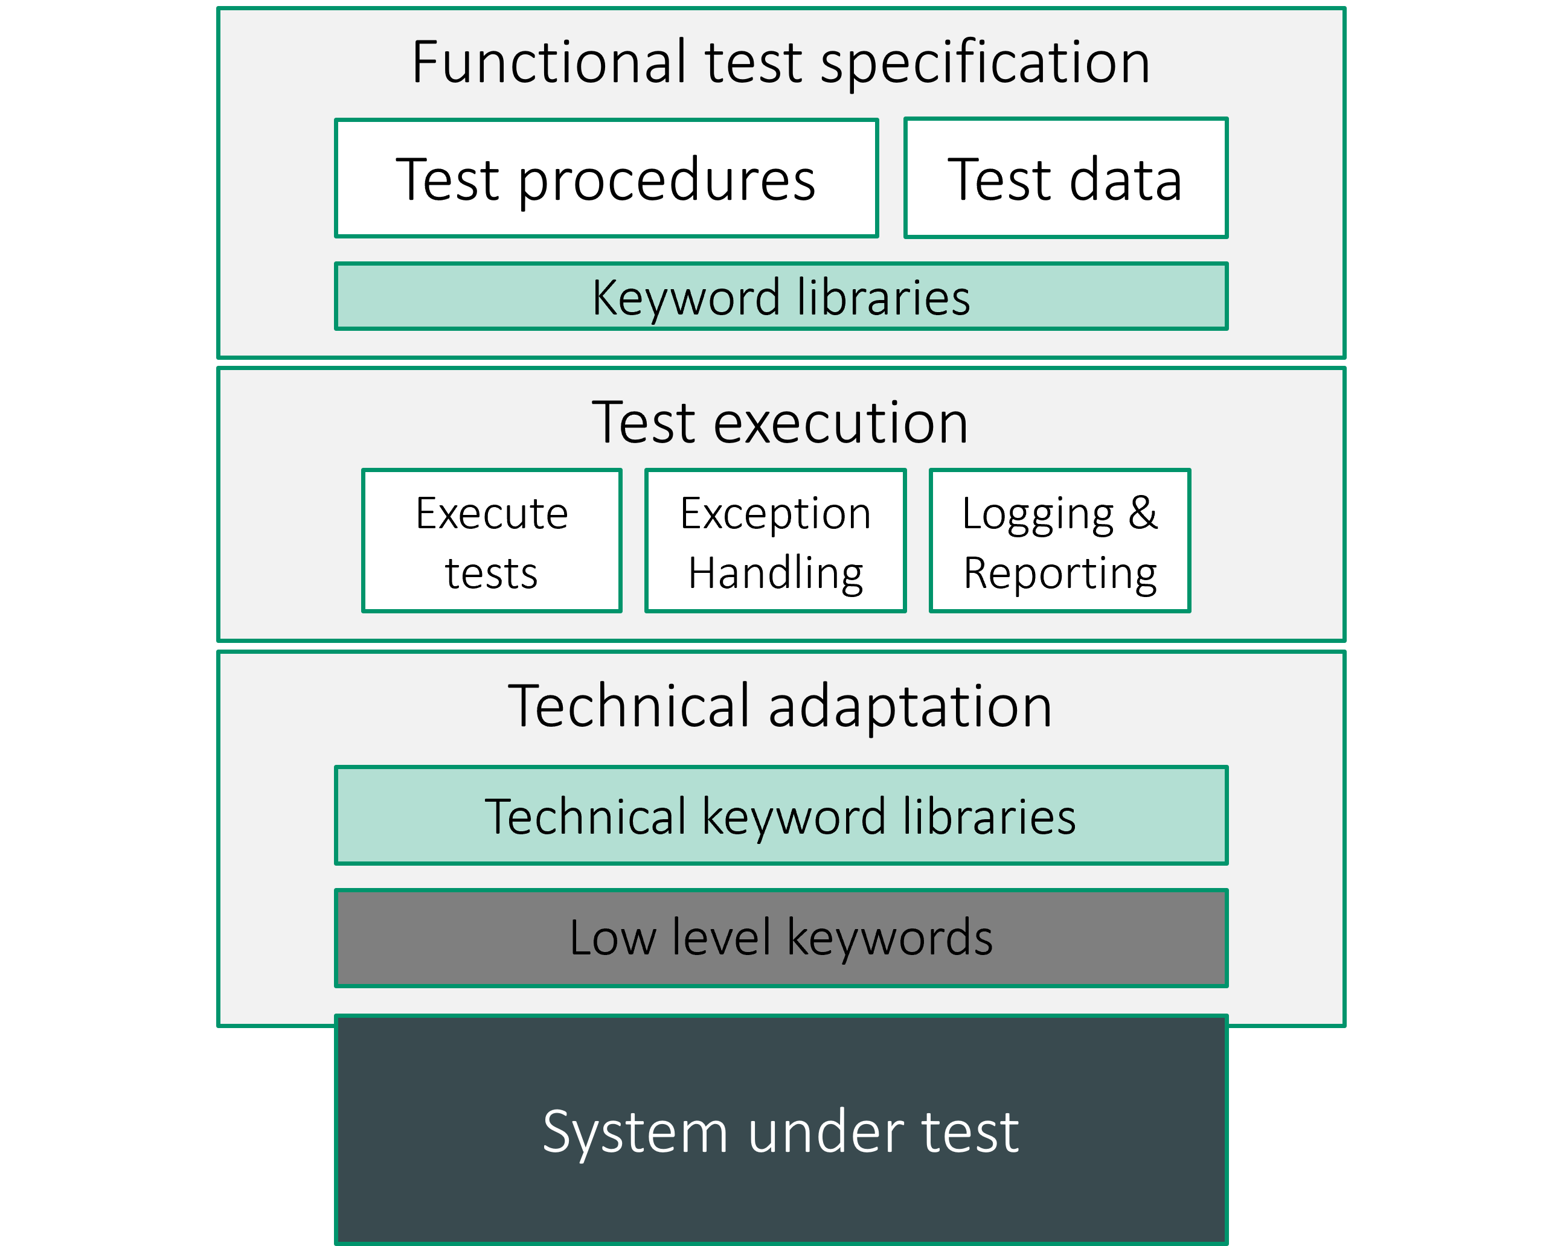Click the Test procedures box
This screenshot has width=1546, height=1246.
[x=607, y=178]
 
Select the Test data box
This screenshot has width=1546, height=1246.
[x=1066, y=178]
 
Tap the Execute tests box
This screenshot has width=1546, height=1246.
[x=492, y=541]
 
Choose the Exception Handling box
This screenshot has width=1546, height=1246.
[x=775, y=541]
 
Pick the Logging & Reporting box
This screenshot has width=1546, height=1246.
[x=1060, y=541]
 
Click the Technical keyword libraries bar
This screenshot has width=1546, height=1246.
[x=781, y=816]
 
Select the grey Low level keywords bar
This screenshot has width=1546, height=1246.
[x=781, y=938]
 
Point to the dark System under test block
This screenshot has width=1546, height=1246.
[x=781, y=1131]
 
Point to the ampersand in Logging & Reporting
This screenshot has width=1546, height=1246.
[x=1143, y=513]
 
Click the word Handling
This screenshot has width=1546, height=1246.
[x=775, y=573]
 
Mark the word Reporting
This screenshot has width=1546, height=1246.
[x=1060, y=574]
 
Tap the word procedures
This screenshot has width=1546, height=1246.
[x=667, y=181]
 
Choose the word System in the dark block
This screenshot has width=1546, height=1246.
[x=635, y=1133]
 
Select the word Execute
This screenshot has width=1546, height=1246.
[x=492, y=514]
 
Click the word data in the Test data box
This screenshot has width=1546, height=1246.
[x=1126, y=179]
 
